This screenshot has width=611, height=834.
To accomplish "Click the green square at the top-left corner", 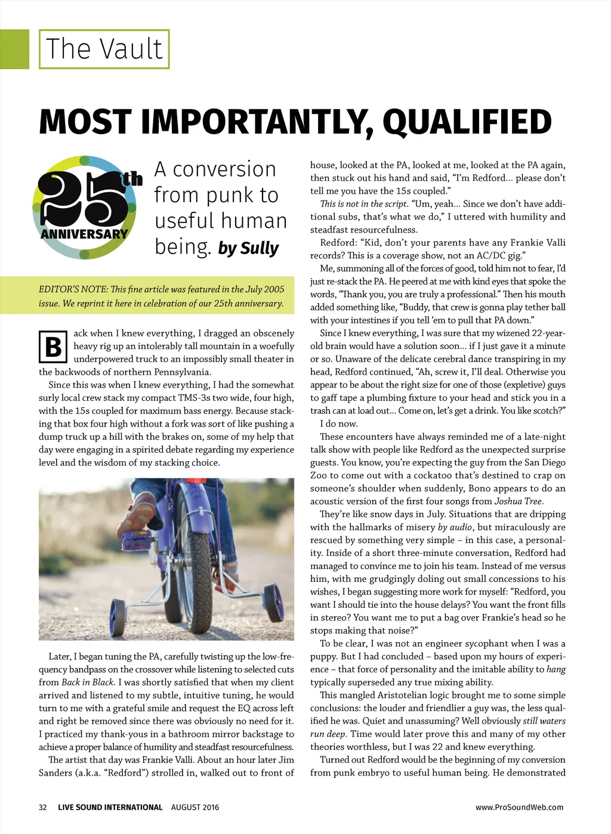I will [x=14, y=49].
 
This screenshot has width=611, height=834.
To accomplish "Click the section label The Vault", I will [x=104, y=49].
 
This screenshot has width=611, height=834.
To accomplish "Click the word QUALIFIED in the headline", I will [x=467, y=122].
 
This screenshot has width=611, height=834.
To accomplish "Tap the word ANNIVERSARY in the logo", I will [x=84, y=234].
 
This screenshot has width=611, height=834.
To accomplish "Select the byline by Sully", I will [x=248, y=248].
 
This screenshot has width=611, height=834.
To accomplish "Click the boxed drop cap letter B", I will [x=53, y=347].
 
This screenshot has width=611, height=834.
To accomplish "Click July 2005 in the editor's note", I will [x=266, y=289].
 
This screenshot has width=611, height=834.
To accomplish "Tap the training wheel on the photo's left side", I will [x=118, y=616].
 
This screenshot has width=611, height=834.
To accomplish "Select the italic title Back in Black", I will [x=88, y=682].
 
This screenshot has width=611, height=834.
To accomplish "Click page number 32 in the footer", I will [x=43, y=807].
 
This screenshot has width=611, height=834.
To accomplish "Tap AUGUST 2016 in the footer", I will [x=195, y=807].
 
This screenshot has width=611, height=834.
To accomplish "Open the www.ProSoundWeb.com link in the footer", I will [x=519, y=807].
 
